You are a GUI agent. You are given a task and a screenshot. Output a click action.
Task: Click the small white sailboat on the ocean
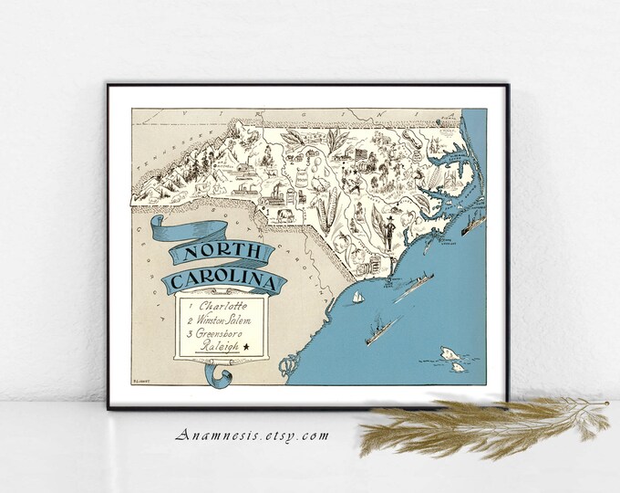click(x=358, y=299)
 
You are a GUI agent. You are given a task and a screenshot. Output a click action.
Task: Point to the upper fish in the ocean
click(x=448, y=351)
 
